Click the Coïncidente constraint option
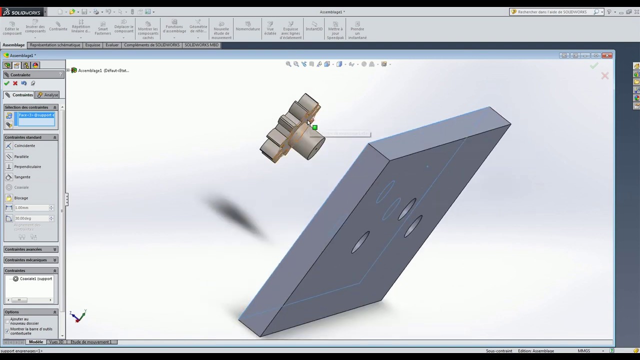click(24, 145)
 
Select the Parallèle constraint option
click(21, 156)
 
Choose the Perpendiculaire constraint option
click(27, 166)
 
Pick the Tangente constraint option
click(22, 177)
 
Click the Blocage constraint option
click(21, 198)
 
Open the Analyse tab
click(48, 95)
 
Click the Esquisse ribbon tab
click(92, 45)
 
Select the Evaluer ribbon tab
click(112, 45)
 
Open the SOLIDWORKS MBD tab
click(201, 45)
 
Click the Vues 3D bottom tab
click(56, 342)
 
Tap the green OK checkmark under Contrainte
click(6, 83)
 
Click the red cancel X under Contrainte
click(15, 83)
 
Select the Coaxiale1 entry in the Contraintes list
click(35, 279)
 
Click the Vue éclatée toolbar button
click(270, 29)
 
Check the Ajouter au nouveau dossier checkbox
click(7, 320)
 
